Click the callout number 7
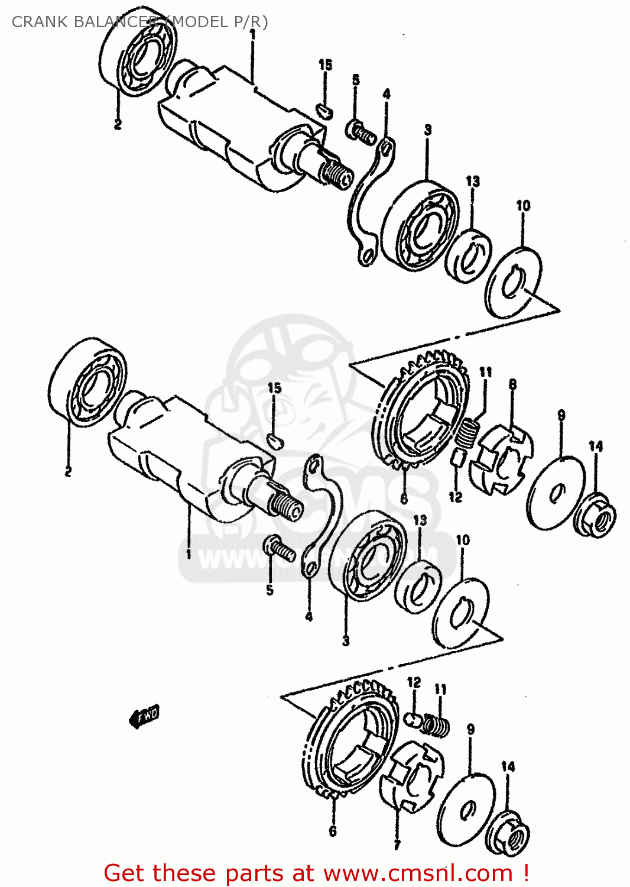[397, 845]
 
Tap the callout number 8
[512, 384]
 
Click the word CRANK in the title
[40, 22]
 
